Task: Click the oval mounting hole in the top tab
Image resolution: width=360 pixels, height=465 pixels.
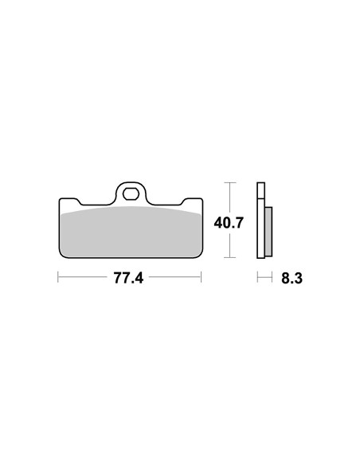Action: coord(132,193)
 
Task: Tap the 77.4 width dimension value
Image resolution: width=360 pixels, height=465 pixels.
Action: coord(128,279)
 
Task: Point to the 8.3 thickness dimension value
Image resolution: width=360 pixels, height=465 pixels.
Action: coord(292,279)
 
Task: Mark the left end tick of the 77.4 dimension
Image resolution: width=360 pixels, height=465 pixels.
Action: coord(58,279)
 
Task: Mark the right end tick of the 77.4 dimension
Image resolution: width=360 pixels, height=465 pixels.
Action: coord(200,279)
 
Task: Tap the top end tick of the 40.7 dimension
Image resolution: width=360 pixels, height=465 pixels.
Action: coord(229,183)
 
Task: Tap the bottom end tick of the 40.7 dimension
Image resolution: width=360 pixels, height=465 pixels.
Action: coord(229,257)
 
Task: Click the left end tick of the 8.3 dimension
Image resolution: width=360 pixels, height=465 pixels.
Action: coord(257,279)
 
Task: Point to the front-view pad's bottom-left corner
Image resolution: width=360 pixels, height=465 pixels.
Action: coord(64,256)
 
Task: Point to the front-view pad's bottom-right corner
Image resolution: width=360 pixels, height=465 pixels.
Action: coord(199,256)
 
